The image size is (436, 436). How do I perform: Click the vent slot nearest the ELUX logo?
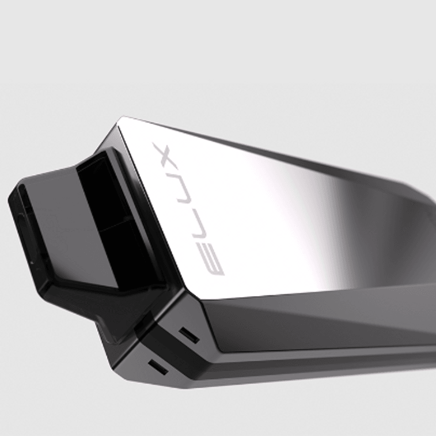pyautogui.click(x=189, y=335)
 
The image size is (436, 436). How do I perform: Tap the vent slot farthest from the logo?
pyautogui.click(x=158, y=367)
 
